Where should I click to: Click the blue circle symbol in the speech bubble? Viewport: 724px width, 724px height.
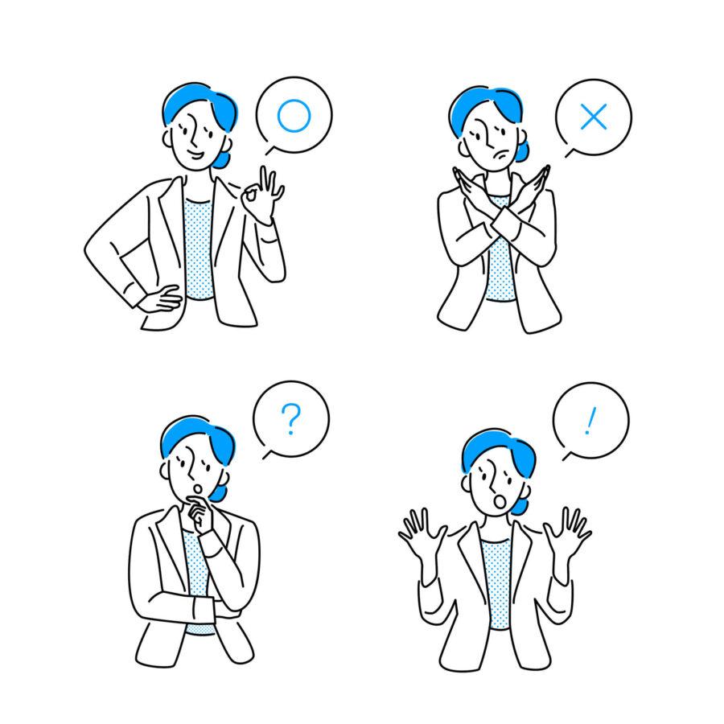278,115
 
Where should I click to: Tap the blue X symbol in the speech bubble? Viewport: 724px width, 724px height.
594,117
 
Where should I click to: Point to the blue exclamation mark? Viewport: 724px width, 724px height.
590,421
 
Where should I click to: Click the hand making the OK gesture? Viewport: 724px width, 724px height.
262,196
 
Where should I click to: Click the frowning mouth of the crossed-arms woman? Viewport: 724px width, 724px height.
501,154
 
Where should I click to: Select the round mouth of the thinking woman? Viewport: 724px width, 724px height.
197,488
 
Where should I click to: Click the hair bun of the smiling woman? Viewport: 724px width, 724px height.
223,159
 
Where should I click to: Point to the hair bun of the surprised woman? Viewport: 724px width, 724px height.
520,507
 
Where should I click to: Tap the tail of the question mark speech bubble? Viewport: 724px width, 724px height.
268,455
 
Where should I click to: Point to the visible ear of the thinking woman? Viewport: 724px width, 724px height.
164,471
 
